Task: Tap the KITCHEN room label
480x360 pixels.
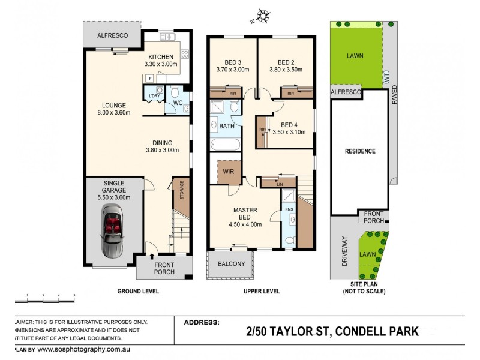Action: point(161,56)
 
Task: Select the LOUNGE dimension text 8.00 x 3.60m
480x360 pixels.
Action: point(113,113)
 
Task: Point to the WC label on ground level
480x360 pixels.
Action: point(178,103)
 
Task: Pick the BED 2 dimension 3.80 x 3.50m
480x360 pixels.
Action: point(286,70)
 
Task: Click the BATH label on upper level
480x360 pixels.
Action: point(227,127)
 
